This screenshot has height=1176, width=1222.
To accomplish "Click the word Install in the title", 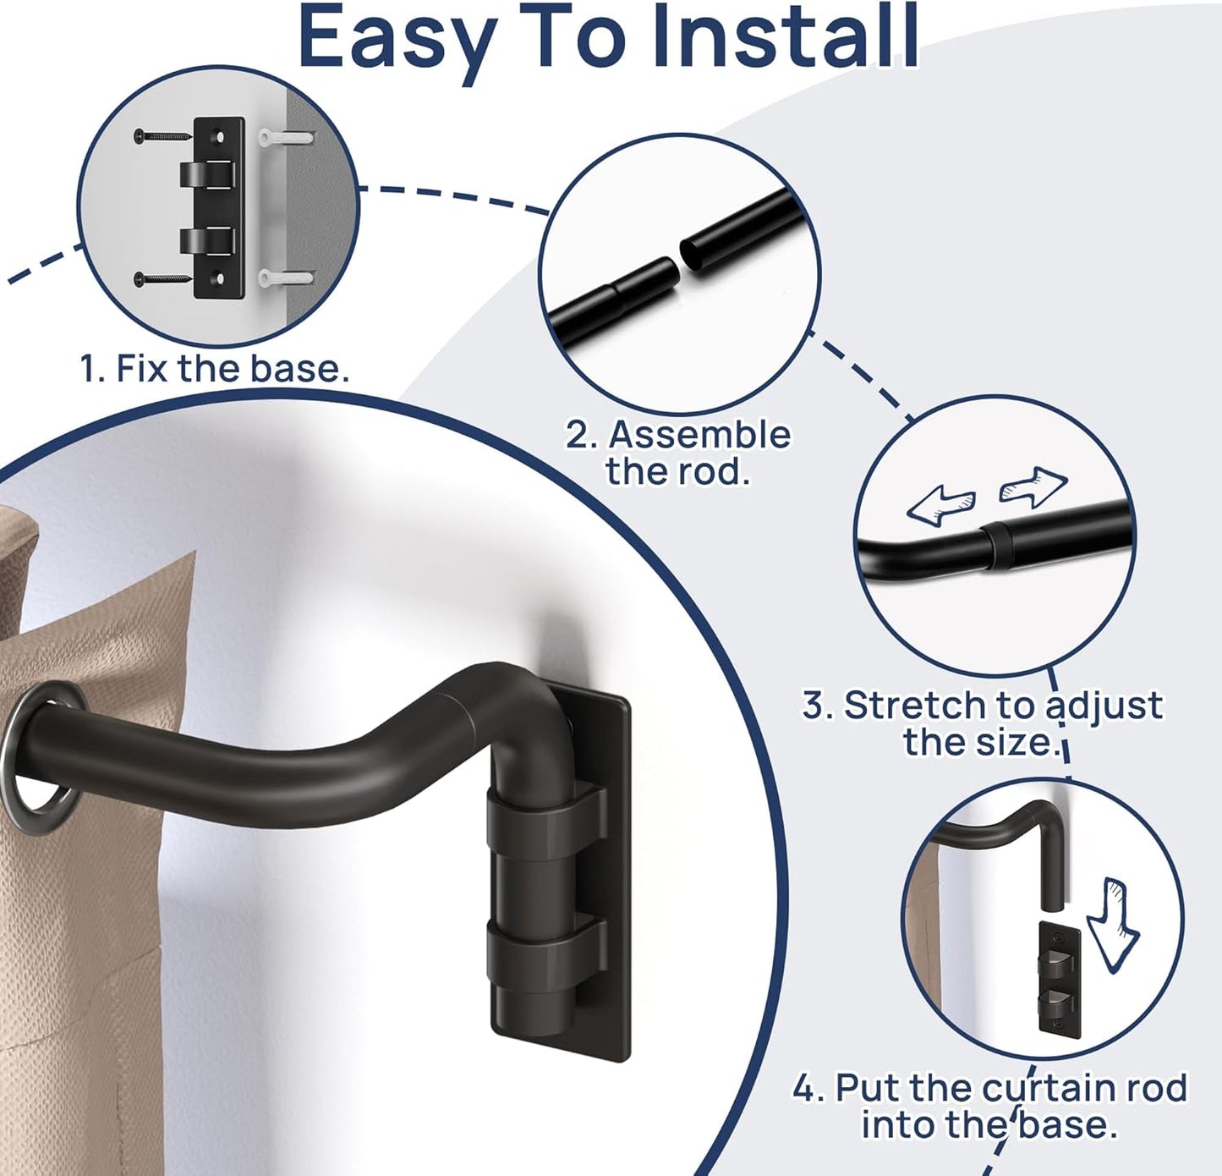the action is [x=786, y=38].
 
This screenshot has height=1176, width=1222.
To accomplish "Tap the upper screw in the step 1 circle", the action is [x=162, y=135].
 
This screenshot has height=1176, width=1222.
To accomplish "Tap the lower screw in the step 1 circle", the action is [x=162, y=277].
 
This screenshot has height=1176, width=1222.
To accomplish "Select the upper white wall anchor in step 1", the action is [x=286, y=136].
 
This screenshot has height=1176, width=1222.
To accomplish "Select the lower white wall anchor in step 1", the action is [x=286, y=276].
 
